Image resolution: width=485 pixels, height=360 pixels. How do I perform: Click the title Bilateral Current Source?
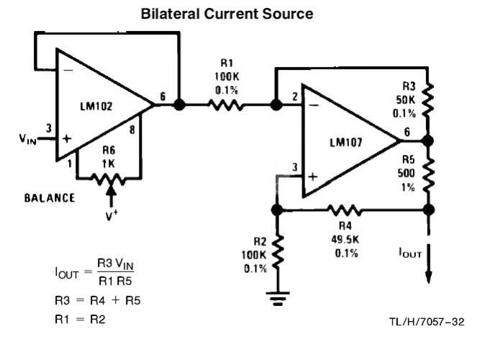click(227, 14)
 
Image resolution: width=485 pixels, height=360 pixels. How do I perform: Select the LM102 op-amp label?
click(96, 107)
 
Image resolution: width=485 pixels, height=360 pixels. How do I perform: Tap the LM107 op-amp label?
click(346, 143)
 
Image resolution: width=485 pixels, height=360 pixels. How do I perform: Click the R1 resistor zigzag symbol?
click(225, 105)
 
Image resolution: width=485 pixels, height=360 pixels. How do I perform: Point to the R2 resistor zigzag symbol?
click(278, 251)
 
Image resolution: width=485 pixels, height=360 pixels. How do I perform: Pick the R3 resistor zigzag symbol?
click(428, 99)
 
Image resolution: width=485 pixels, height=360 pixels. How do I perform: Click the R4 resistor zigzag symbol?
click(344, 210)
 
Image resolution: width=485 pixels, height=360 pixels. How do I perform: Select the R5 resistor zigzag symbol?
click(428, 175)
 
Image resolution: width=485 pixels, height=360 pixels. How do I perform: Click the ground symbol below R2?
click(278, 298)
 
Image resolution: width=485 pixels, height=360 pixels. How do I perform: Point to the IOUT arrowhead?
click(428, 277)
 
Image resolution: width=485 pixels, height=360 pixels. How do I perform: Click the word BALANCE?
click(50, 198)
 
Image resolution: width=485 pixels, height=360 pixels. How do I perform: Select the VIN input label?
click(27, 139)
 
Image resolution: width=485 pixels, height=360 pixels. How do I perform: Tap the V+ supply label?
click(112, 215)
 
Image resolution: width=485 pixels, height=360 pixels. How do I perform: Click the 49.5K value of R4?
click(345, 240)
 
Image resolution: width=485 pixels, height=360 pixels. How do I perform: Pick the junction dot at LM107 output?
click(428, 141)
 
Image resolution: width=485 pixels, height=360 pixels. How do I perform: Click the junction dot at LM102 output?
click(179, 104)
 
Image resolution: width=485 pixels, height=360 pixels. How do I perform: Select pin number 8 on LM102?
click(132, 130)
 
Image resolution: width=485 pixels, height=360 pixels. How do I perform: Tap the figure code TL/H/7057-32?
click(427, 322)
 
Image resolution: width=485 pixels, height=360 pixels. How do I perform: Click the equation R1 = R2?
click(80, 319)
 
